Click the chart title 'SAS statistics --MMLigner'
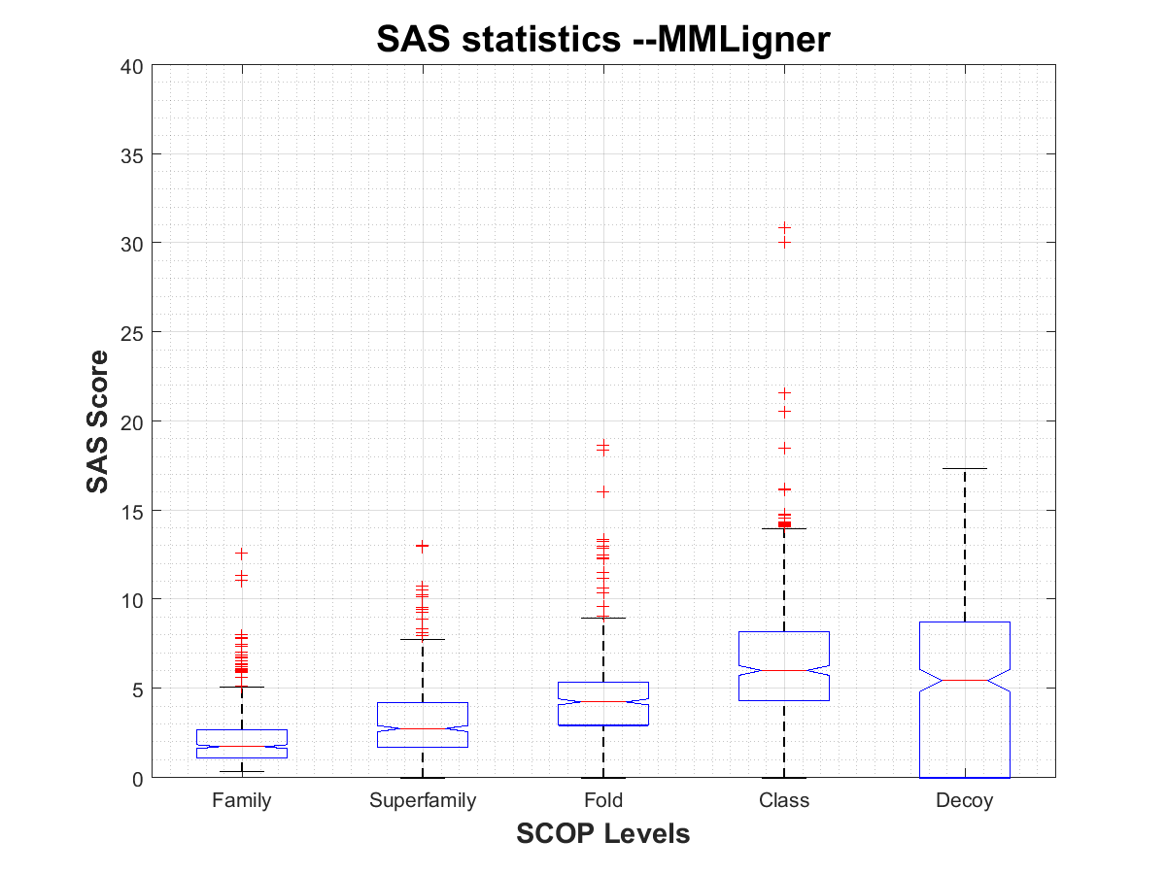point(602,40)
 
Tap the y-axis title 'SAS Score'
point(97,421)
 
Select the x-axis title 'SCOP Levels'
point(602,833)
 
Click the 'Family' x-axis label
point(241,801)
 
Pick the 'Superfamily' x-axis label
point(423,801)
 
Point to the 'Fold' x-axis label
point(603,801)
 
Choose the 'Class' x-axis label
point(784,801)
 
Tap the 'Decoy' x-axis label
point(965,801)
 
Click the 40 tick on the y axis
point(132,66)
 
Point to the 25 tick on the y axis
point(132,332)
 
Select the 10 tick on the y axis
point(132,599)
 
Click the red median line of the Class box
point(784,670)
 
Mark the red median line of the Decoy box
point(965,680)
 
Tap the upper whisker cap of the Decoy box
point(965,469)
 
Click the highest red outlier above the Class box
point(784,227)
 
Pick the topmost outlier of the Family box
point(241,553)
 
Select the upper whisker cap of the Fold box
point(603,618)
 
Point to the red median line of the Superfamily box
point(423,728)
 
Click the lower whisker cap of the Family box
point(241,771)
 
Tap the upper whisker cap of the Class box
point(784,529)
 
